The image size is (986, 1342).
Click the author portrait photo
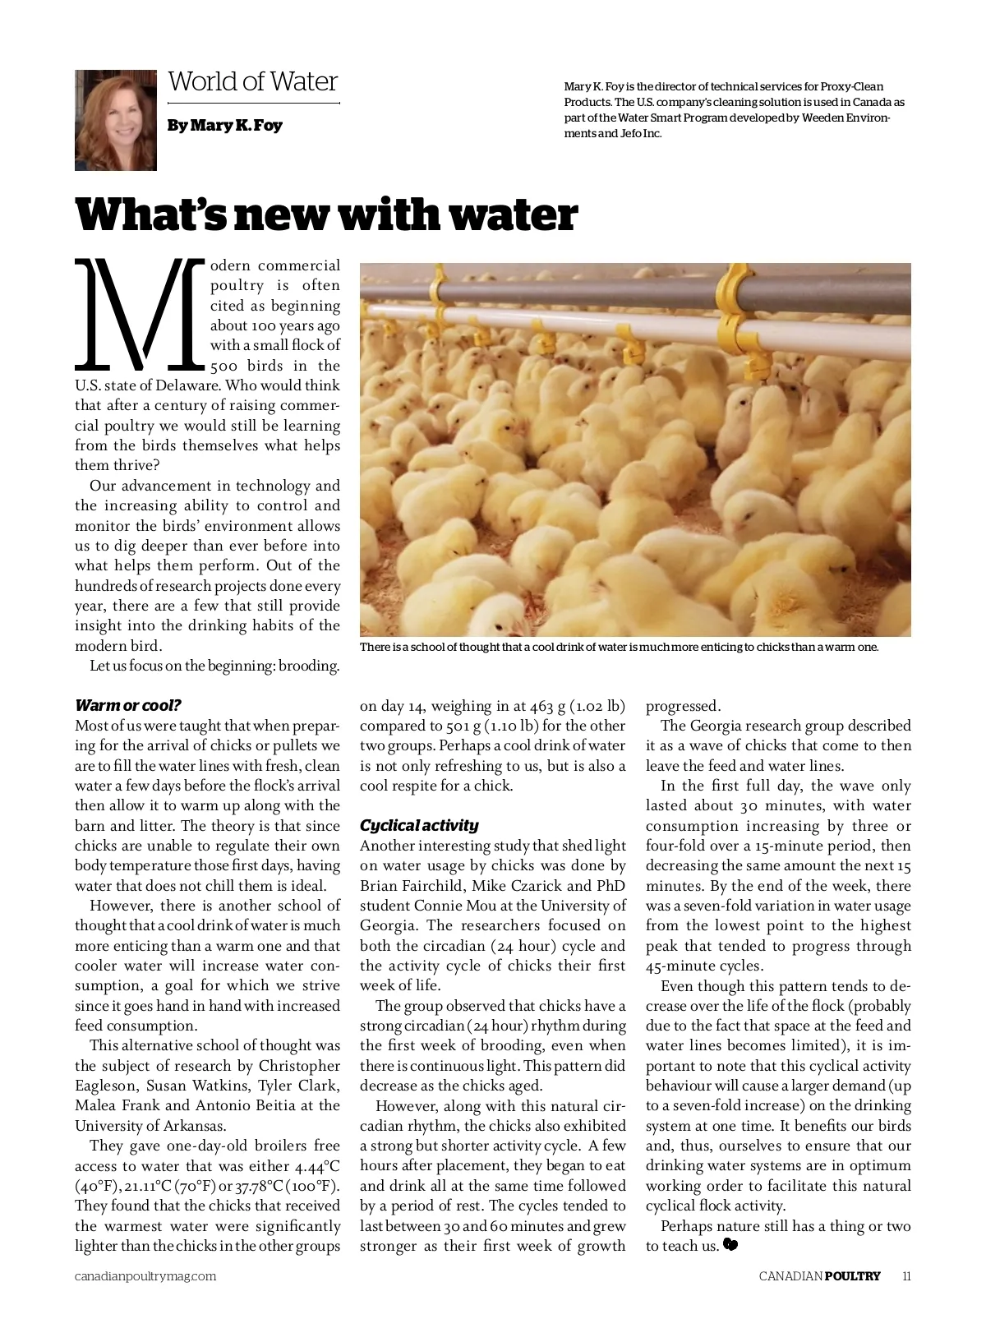(116, 120)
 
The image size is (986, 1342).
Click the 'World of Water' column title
(253, 81)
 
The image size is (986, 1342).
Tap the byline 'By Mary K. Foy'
(224, 126)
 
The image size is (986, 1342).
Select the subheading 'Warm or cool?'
(127, 705)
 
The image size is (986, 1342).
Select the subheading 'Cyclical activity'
(419, 825)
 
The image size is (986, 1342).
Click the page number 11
(906, 1276)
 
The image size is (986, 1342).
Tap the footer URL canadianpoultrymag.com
(145, 1276)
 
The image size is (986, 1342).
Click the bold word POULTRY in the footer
(852, 1276)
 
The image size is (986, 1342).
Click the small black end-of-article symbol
(730, 1246)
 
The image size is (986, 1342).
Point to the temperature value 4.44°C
(317, 1166)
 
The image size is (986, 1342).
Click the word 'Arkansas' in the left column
(195, 1126)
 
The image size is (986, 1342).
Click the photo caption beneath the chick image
(619, 647)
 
